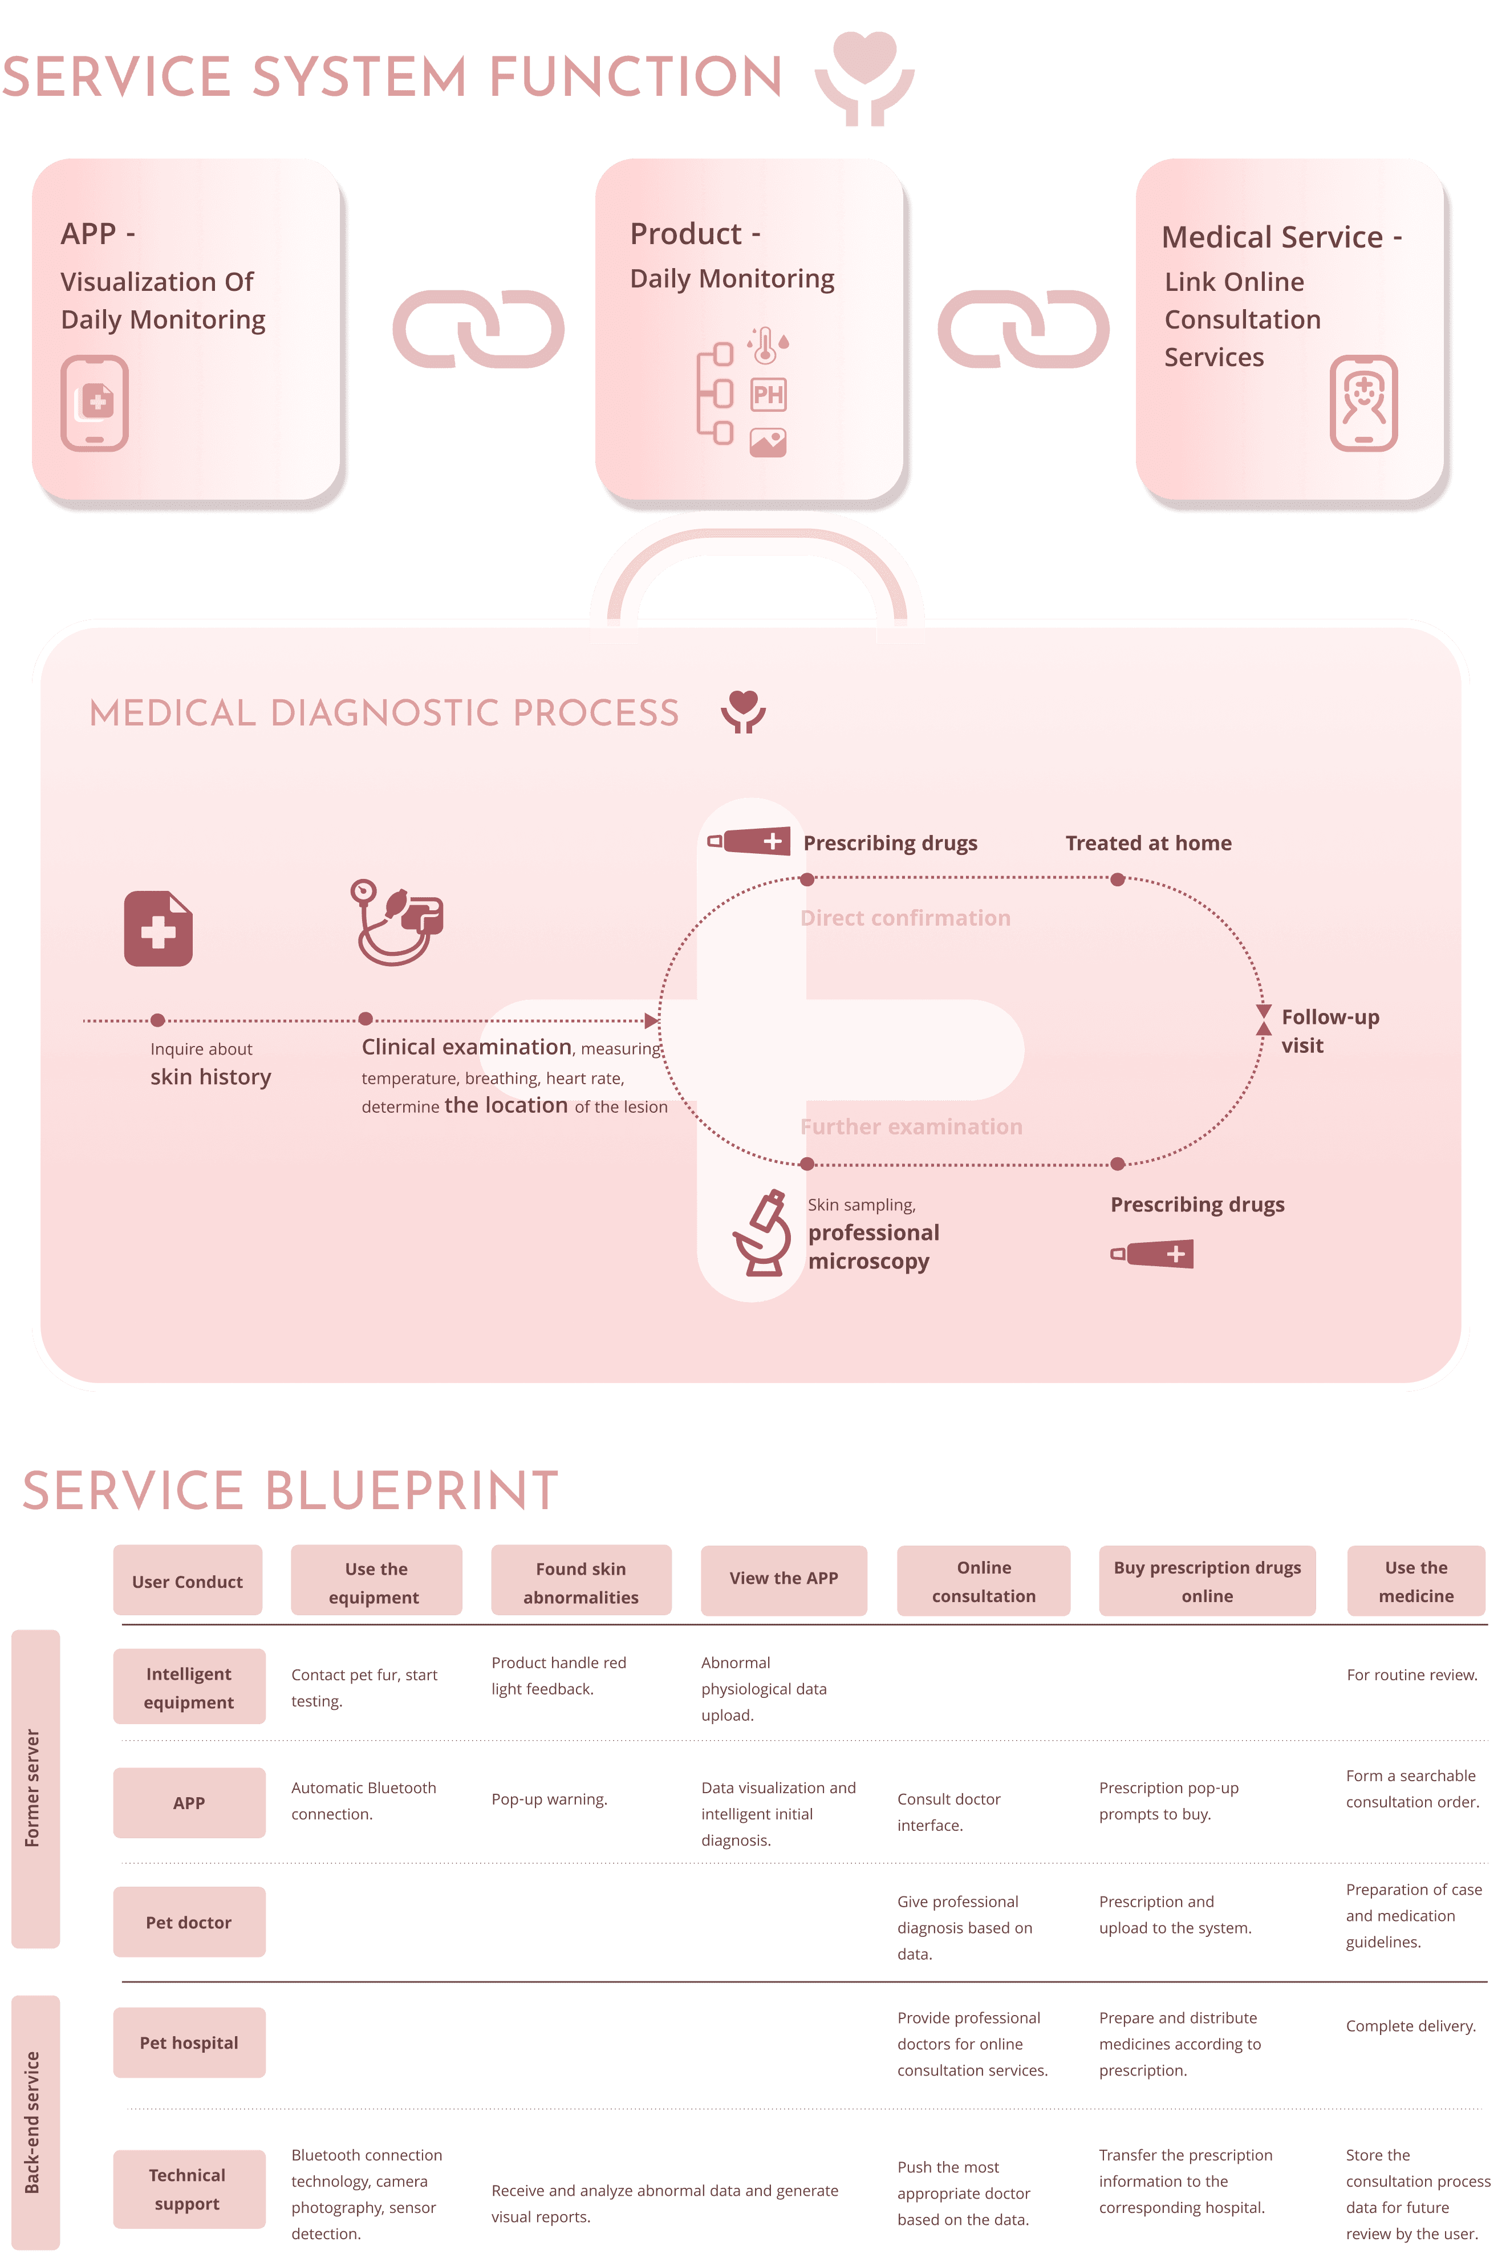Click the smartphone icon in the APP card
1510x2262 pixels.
click(95, 403)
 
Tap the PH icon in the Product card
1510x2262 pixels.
click(769, 394)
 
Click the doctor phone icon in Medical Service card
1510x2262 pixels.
click(1363, 403)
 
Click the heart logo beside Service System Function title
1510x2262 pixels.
click(864, 77)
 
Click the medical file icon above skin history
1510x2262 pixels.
click(158, 929)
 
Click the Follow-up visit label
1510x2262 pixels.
click(1329, 1031)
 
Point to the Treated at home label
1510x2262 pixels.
click(1148, 842)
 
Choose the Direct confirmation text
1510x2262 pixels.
click(905, 918)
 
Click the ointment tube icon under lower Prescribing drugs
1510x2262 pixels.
click(1152, 1254)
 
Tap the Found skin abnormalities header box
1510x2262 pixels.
click(581, 1581)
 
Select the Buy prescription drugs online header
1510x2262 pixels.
click(1207, 1581)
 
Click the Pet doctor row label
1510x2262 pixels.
click(189, 1922)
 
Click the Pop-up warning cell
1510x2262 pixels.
click(549, 1799)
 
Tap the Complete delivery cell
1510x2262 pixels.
click(1411, 2025)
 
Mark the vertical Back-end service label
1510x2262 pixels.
click(34, 2122)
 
